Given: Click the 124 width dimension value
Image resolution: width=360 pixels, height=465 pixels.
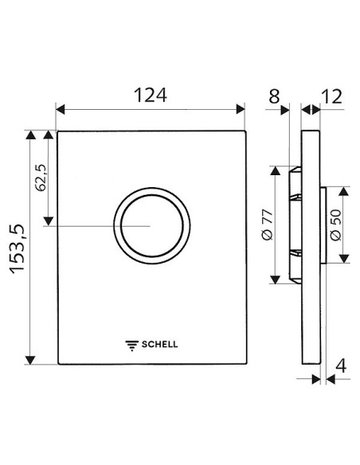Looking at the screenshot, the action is [151, 96].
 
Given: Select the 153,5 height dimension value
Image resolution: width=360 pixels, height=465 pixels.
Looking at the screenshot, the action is [17, 248].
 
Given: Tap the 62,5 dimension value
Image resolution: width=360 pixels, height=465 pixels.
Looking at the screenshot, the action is [41, 178].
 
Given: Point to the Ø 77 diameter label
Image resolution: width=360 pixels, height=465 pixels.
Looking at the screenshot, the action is [267, 225].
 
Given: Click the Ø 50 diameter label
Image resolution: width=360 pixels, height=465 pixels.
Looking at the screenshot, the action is [335, 225].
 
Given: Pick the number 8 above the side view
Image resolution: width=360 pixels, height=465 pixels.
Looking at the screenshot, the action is [274, 96].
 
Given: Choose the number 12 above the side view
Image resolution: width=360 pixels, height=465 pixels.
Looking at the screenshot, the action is [331, 96].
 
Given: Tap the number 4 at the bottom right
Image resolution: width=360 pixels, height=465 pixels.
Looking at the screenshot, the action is [341, 366].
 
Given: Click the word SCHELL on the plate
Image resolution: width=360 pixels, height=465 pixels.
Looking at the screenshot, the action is [159, 344].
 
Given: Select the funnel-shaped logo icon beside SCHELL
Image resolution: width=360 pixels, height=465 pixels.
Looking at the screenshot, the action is [132, 346].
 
